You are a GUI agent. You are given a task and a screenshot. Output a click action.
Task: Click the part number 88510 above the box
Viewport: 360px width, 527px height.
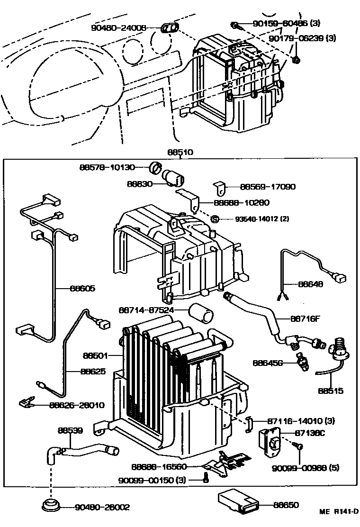[180, 153]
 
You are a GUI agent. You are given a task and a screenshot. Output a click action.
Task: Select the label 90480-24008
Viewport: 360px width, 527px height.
[118, 28]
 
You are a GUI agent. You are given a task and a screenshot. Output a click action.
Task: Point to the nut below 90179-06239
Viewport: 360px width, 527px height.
[297, 60]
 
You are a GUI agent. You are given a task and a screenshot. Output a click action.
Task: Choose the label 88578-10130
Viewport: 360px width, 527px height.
[108, 167]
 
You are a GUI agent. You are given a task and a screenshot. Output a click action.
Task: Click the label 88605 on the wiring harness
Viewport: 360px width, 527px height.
[82, 288]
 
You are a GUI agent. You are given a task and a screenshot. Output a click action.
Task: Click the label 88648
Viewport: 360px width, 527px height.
[310, 284]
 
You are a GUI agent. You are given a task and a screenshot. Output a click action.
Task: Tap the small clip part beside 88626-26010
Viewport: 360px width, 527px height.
[27, 404]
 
